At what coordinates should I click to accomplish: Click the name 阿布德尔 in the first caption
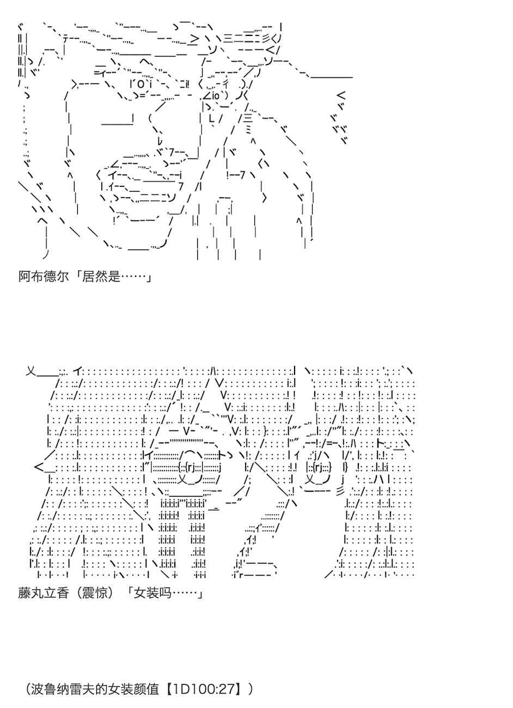tap(44, 277)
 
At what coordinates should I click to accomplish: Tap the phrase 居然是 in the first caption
tap(101, 277)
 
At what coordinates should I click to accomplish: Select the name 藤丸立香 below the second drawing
tap(44, 593)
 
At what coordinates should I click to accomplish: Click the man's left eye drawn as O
tap(141, 85)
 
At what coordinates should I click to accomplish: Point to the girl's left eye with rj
tap(193, 467)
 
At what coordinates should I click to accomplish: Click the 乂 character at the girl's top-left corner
tap(31, 371)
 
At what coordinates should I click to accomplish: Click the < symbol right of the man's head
tap(341, 95)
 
